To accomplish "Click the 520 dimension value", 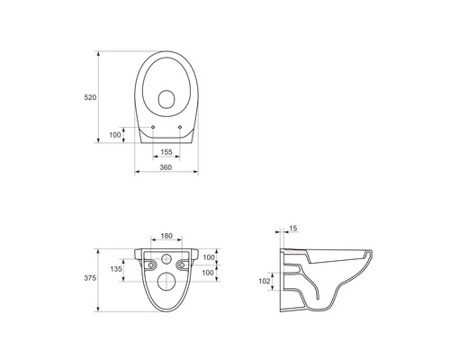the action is click(90, 97).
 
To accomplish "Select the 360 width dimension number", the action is click(166, 167).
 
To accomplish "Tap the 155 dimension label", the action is click(166, 152).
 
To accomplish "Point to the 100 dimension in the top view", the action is click(115, 135).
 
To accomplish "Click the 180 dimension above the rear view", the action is click(166, 236).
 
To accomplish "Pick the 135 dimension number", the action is click(116, 269).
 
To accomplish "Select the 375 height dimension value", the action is click(90, 278).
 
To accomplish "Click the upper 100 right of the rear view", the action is click(209, 257).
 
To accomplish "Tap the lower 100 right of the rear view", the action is click(208, 273).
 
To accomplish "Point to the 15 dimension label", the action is click(293, 229).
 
